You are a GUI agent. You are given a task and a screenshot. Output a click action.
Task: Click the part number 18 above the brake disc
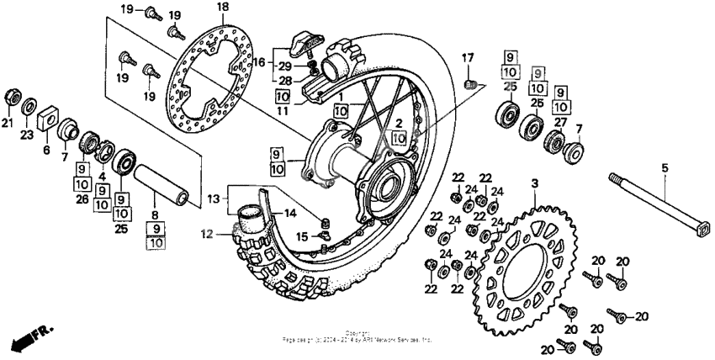coord(222,8)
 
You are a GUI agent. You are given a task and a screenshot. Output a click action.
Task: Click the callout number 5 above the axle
coord(664,168)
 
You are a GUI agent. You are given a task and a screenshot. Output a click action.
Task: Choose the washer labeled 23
coord(28,106)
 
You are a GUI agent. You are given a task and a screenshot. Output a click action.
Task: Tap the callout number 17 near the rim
coord(469,57)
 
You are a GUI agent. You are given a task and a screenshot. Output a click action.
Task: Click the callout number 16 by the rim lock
coord(260,61)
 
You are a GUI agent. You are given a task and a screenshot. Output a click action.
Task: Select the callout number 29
coord(285,66)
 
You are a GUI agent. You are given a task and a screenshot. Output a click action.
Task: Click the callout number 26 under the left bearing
coord(82,199)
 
